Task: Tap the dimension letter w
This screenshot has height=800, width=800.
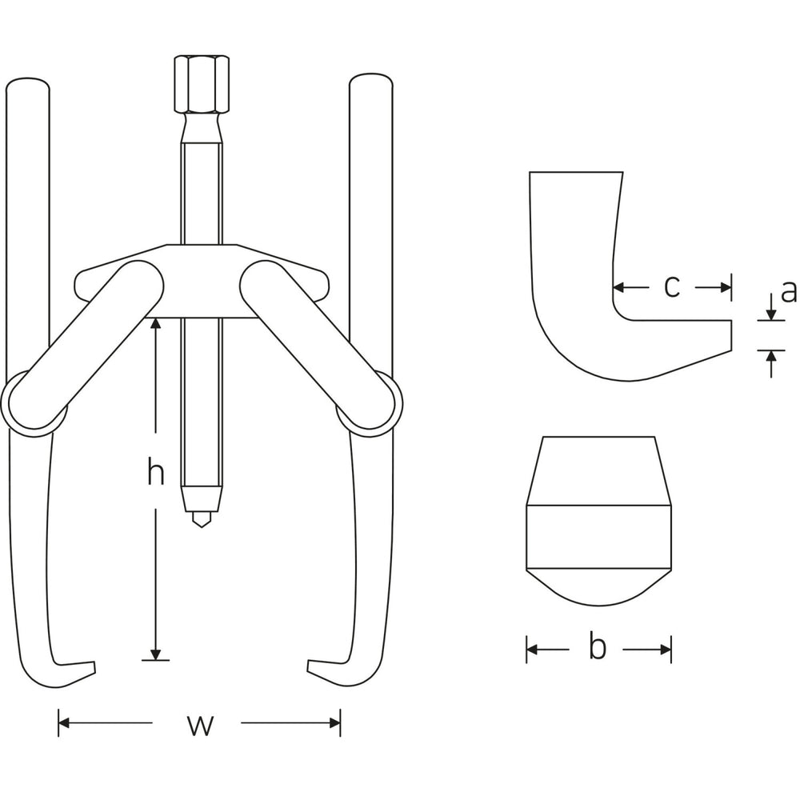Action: [199, 725]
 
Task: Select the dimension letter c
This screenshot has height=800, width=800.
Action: [672, 287]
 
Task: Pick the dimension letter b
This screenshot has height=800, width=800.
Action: [597, 646]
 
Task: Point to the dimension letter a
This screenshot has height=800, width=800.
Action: [788, 292]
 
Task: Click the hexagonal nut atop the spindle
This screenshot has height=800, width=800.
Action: [202, 84]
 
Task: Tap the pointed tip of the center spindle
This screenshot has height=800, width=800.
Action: [202, 526]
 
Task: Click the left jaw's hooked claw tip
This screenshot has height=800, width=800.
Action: [94, 667]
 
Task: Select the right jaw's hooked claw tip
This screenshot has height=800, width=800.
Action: [308, 667]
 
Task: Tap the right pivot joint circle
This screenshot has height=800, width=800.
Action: [370, 403]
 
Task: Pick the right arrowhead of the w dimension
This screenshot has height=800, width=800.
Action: [334, 722]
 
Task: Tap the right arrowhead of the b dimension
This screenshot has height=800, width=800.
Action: [666, 650]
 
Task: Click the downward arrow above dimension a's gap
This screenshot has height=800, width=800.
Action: [771, 307]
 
